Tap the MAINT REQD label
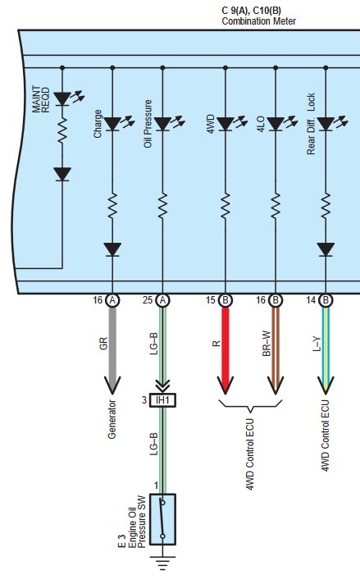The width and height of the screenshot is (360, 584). pyautogui.click(x=41, y=99)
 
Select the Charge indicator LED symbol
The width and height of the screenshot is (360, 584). pyautogui.click(x=112, y=124)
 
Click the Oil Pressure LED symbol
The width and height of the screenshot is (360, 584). pyautogui.click(x=162, y=124)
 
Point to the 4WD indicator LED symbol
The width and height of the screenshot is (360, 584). pyautogui.click(x=226, y=124)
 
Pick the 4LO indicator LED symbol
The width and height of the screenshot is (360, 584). pyautogui.click(x=276, y=124)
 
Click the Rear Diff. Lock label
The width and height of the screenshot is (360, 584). pyautogui.click(x=311, y=124)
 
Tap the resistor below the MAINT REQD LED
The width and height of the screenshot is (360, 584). pyautogui.click(x=62, y=130)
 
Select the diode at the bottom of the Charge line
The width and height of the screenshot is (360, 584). pyautogui.click(x=112, y=249)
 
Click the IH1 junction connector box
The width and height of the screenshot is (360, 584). pyautogui.click(x=162, y=400)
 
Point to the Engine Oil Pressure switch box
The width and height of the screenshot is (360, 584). pyautogui.click(x=162, y=519)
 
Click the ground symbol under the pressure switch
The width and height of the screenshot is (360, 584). pyautogui.click(x=162, y=563)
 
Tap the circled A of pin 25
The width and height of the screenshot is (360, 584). pyautogui.click(x=162, y=300)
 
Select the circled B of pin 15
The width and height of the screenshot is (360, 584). pyautogui.click(x=226, y=300)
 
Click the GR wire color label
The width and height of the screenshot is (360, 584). pyautogui.click(x=103, y=343)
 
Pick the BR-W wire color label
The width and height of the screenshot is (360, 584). pyautogui.click(x=267, y=344)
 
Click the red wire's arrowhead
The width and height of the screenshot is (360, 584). pyautogui.click(x=226, y=386)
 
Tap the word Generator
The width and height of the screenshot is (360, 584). pyautogui.click(x=112, y=419)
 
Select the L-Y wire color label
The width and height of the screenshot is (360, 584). pyautogui.click(x=317, y=344)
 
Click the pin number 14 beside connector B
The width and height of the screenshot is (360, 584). pyautogui.click(x=311, y=300)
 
